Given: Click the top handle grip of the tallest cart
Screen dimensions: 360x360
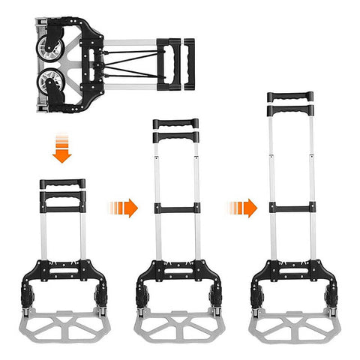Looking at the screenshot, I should (x=291, y=96).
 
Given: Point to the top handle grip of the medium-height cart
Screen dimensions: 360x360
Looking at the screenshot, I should (x=175, y=123).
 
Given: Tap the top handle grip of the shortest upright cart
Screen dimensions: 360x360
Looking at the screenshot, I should (x=62, y=184).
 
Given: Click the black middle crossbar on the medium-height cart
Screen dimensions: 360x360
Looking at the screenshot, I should (x=175, y=208).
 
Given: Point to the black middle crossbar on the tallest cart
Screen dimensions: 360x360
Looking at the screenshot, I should (x=291, y=208).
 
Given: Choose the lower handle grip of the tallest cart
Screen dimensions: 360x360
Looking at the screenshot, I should (x=291, y=110).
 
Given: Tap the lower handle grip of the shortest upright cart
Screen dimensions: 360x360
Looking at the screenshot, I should (x=62, y=198).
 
